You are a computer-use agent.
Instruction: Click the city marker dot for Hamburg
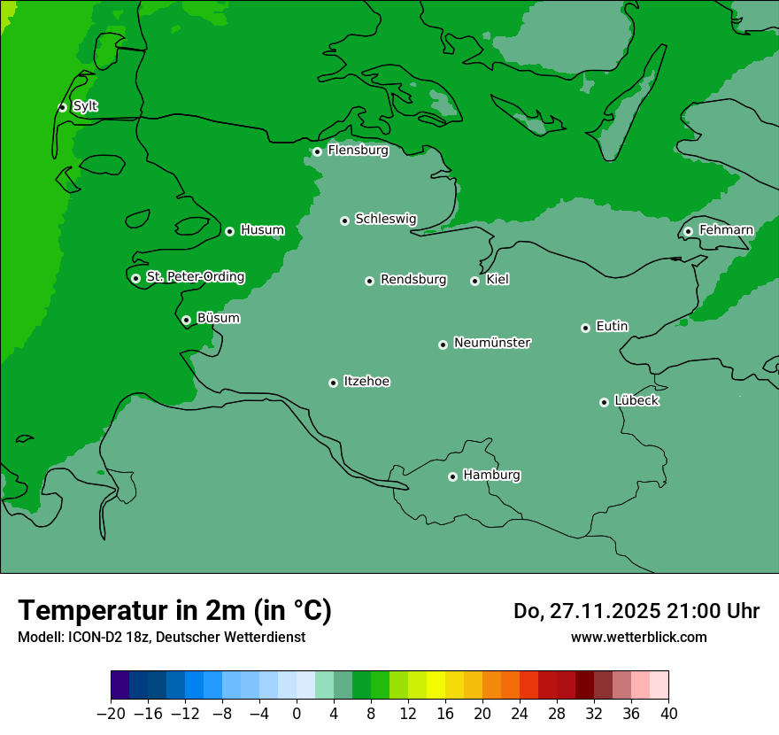452,476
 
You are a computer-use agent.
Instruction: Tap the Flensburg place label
358,151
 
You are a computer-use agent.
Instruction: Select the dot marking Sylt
62,107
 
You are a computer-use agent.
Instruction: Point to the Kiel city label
497,280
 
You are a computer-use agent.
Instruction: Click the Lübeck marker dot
604,402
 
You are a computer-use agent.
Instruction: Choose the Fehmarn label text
726,230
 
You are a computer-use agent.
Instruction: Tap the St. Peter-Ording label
195,277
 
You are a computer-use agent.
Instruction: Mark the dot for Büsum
186,320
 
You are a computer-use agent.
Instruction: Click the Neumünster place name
492,343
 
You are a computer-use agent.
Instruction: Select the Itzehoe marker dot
333,383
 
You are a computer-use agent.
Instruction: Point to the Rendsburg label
413,280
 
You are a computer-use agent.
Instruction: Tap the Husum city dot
229,231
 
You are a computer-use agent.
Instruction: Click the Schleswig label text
385,219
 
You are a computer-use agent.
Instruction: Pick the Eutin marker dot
585,328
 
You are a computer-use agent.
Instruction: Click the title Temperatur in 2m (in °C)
174,610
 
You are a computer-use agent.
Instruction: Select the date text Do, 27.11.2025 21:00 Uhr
636,611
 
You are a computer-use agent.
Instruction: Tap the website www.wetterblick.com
638,637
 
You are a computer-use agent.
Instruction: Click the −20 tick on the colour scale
111,714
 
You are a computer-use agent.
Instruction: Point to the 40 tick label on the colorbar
668,714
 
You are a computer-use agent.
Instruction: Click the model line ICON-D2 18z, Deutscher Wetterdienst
161,637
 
